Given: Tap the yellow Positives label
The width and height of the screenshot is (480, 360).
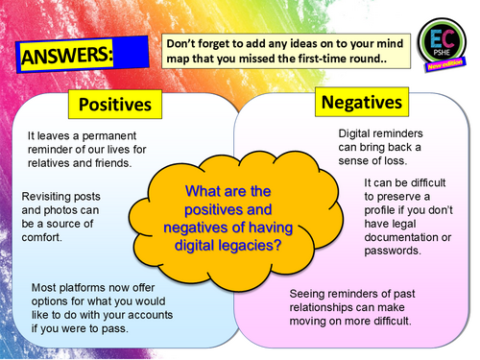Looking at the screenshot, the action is coord(115,105).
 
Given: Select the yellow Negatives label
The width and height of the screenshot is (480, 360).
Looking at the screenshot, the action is coord(362,102).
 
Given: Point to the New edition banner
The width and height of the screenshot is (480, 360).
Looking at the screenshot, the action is coord(445,64).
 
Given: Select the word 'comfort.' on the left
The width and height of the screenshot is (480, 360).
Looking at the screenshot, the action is coord(41,237).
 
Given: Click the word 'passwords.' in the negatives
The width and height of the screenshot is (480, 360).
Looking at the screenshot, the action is coord(393,251).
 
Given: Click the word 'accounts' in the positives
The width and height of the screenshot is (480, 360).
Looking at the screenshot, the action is coord(151,315).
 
